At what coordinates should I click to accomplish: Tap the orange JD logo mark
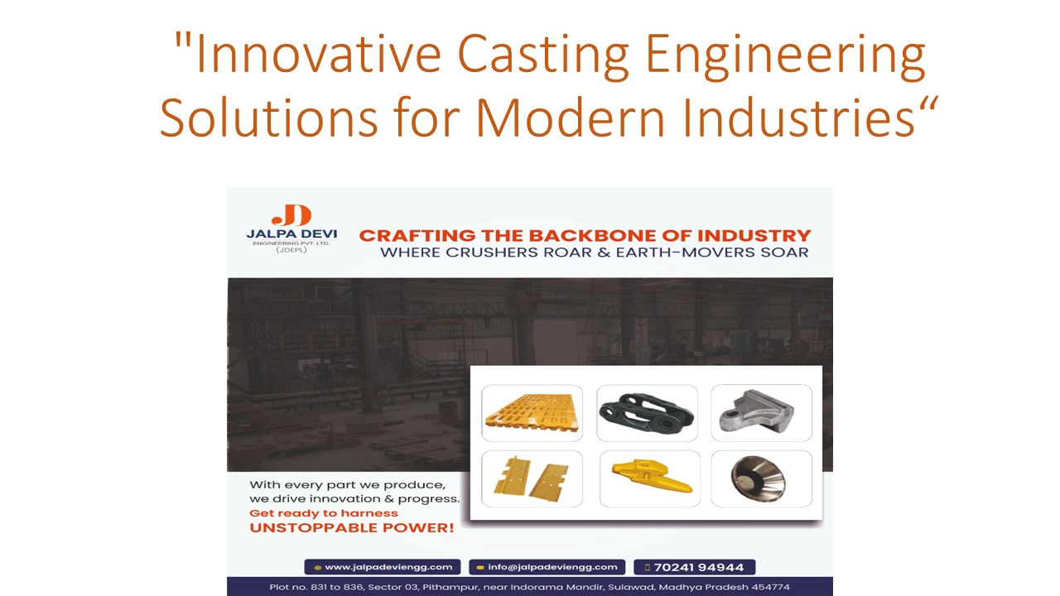[291, 214]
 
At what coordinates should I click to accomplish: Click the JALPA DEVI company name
[291, 234]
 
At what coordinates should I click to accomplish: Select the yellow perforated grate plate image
[532, 413]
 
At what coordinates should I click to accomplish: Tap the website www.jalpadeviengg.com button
[383, 567]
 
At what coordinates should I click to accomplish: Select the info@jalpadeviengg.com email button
[547, 567]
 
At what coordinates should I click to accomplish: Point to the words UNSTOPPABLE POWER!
[351, 527]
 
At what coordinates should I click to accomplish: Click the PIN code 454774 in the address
[769, 587]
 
